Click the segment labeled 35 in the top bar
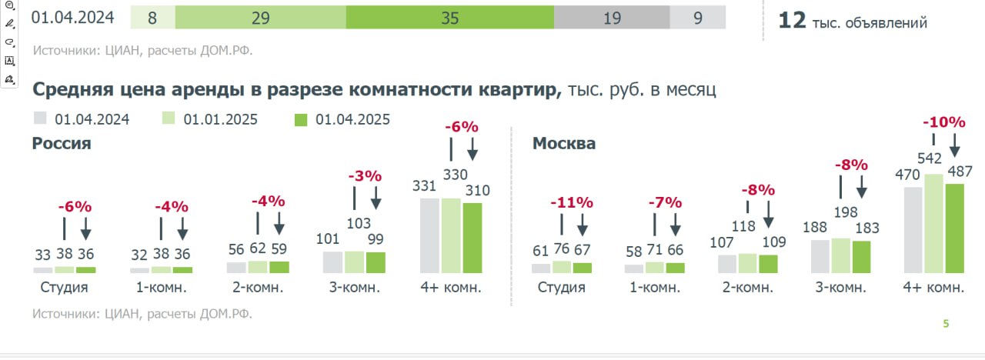click(x=450, y=17)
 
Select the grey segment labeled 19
click(x=612, y=17)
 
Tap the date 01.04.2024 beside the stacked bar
click(x=73, y=16)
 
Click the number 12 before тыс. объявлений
click(x=792, y=21)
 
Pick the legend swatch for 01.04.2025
click(x=302, y=119)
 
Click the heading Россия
click(x=62, y=143)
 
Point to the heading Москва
click(x=564, y=143)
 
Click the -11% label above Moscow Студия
click(x=572, y=203)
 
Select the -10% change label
click(x=943, y=122)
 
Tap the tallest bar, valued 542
click(x=934, y=223)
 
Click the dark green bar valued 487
click(x=954, y=228)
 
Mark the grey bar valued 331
click(x=430, y=235)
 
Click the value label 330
click(x=454, y=175)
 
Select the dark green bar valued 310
click(x=472, y=238)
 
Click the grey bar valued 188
click(x=820, y=256)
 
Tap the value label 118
click(x=744, y=227)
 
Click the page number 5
click(x=947, y=324)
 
